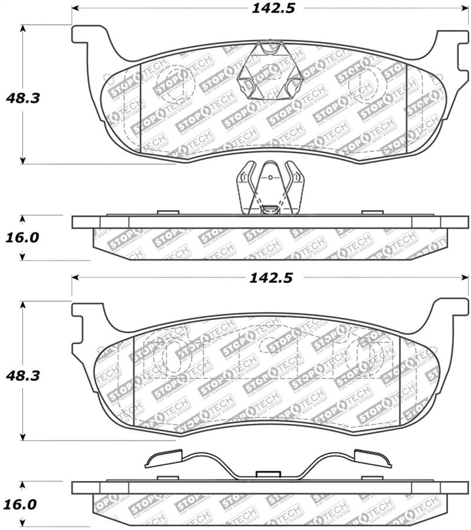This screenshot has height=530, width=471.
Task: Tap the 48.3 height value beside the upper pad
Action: (23, 98)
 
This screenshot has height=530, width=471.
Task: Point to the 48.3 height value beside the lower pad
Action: (23, 375)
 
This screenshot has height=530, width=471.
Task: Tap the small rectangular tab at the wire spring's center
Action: (267, 474)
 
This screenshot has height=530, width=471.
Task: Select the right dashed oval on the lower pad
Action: (362, 357)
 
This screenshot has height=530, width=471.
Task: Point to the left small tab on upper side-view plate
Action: (168, 212)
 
